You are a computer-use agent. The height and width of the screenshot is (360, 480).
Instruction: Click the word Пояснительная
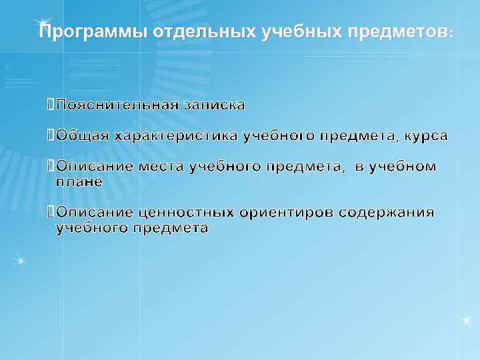point(116,105)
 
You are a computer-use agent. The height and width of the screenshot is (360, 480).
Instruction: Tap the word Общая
point(83,137)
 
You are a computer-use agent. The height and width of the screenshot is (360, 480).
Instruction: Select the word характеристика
point(177,137)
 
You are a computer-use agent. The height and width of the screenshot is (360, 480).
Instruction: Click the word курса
point(426,137)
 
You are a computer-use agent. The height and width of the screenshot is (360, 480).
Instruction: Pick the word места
point(162,167)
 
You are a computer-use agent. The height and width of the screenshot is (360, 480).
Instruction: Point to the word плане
point(79,181)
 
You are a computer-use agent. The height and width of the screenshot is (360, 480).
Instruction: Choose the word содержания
point(387,213)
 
